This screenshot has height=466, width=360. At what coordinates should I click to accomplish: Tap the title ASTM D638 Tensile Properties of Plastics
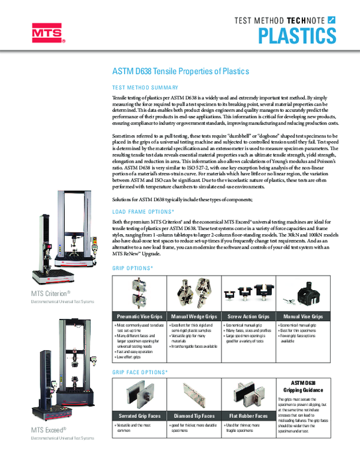(x=181, y=71)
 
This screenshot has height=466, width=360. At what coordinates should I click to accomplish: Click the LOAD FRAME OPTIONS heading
(x=143, y=212)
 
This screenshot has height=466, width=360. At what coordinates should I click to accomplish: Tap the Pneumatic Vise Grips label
(x=140, y=316)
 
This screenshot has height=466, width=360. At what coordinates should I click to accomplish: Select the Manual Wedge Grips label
(x=194, y=316)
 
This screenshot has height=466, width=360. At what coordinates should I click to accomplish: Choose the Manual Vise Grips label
(x=303, y=316)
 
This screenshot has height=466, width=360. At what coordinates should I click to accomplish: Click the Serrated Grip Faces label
(x=140, y=416)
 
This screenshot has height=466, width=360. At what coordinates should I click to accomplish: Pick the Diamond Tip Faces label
(x=194, y=416)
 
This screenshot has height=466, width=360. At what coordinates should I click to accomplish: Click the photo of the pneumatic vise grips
(x=140, y=292)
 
